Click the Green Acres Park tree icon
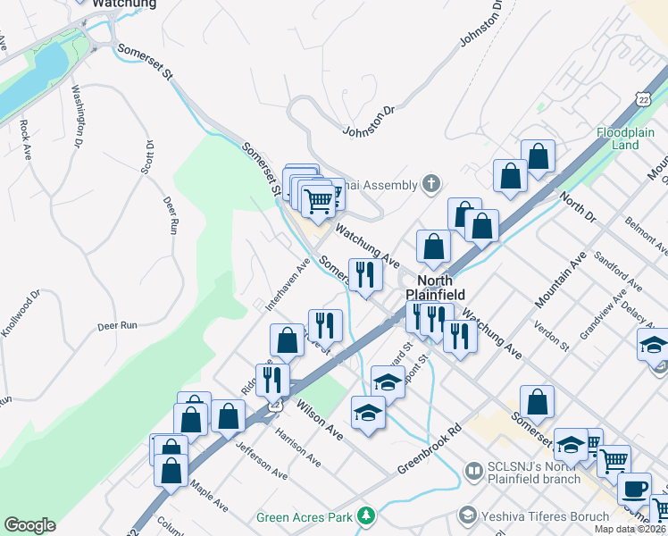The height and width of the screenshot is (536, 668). click(365, 515)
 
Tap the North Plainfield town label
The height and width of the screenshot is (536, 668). click(429, 287)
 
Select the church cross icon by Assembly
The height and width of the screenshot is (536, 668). click(431, 185)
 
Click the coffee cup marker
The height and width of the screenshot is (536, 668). click(635, 489)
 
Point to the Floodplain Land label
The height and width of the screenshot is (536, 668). click(626, 138)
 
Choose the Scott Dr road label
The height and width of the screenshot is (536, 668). click(149, 157)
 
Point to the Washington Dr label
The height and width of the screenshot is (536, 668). click(77, 117)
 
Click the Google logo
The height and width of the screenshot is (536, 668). click(29, 525)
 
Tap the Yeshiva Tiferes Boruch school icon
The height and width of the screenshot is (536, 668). click(465, 515)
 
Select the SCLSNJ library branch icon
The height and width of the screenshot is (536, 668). click(474, 469)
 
